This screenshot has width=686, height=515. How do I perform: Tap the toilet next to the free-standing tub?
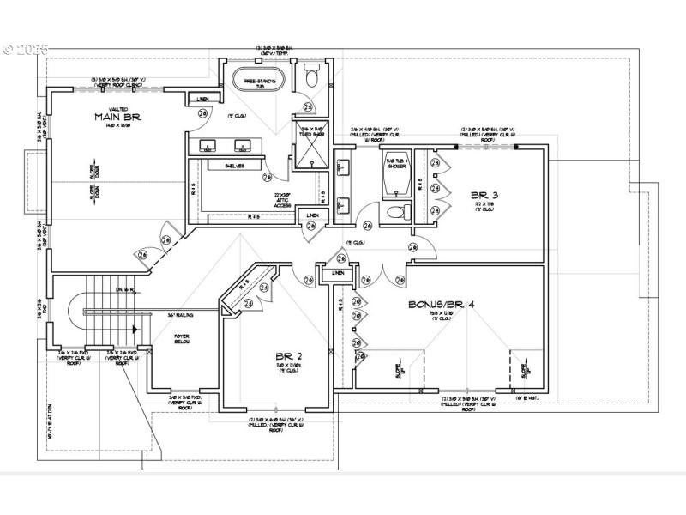click(x=310, y=79)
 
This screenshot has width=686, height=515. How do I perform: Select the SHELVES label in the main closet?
click(x=235, y=166)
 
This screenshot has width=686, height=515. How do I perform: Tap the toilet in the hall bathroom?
click(x=396, y=211)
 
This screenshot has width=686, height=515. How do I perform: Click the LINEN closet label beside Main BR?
click(x=196, y=99)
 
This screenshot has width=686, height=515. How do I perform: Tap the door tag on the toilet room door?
click(x=307, y=107)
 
